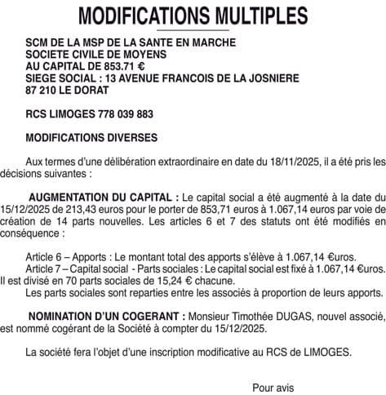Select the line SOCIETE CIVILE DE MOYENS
coord(96,54)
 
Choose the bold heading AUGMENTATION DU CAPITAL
coord(102,197)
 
